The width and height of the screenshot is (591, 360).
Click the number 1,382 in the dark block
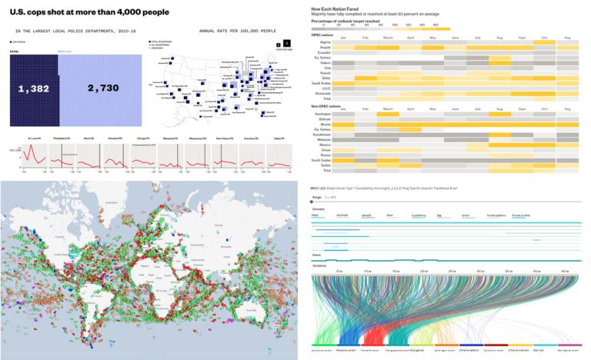pos(33,89)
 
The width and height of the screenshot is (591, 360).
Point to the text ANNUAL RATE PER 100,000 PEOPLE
pos(237,32)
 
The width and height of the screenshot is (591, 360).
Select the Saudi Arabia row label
pos(320,82)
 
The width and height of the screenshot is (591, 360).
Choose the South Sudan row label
pos(321,159)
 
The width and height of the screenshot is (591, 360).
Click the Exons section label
pos(317,254)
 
